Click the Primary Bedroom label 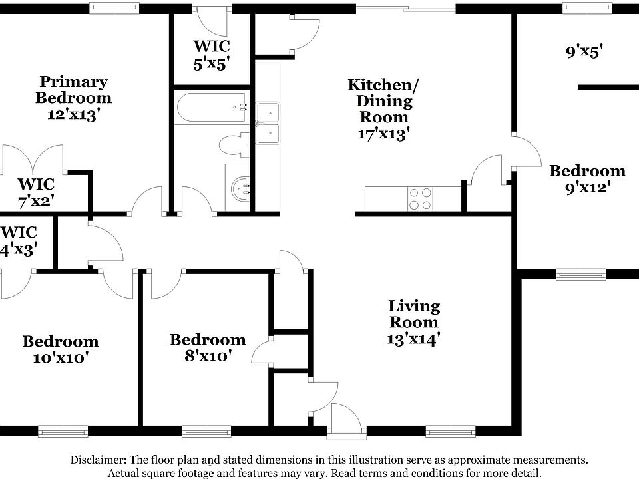click(x=73, y=98)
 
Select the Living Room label click(x=414, y=323)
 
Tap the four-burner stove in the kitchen click(x=419, y=198)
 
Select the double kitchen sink click(x=268, y=123)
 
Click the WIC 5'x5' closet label click(x=212, y=55)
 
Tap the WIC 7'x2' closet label click(x=36, y=191)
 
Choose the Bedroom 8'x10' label click(x=207, y=348)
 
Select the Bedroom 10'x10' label click(x=60, y=349)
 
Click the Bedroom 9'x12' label click(x=587, y=179)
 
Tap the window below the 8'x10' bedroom click(x=202, y=432)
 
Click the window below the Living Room click(x=446, y=432)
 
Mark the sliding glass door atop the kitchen click(x=407, y=9)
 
